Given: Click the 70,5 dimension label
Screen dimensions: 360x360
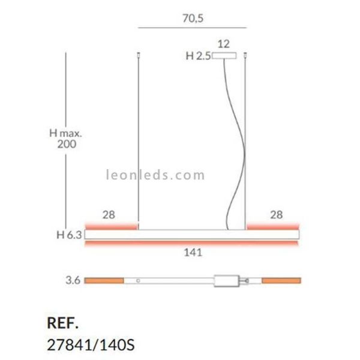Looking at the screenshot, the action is click(x=193, y=19).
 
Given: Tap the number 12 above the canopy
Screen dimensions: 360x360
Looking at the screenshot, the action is click(x=223, y=44).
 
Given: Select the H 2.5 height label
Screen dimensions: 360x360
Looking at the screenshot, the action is click(x=198, y=56).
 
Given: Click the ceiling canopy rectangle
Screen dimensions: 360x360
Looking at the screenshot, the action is click(x=224, y=56).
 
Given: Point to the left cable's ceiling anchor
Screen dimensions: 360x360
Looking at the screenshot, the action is click(x=138, y=55).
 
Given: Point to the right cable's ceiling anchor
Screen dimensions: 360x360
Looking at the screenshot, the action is click(x=245, y=55).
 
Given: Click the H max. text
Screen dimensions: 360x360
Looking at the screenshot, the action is click(x=65, y=133).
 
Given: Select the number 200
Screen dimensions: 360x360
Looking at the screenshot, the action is click(x=67, y=144).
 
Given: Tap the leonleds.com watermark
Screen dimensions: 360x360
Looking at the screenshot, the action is click(x=155, y=175).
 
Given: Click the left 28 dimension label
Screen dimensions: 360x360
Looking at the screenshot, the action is click(x=109, y=215).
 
